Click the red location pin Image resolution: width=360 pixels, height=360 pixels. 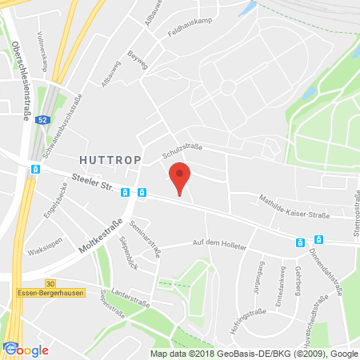coord(180,176)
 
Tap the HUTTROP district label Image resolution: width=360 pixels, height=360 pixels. coord(110,160)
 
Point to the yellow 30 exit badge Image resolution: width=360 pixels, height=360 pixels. coord(50,283)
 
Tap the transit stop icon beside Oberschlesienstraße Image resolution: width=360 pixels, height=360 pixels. coord(35,170)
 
